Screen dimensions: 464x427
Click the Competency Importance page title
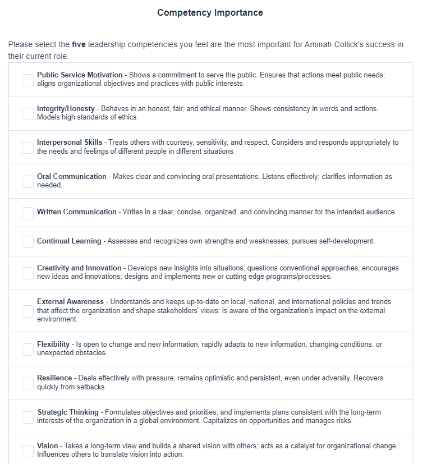(x=210, y=12)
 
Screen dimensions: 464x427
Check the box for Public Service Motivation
(x=27, y=80)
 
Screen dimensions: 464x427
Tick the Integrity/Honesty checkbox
(x=27, y=113)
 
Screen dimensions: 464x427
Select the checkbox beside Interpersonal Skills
(x=27, y=147)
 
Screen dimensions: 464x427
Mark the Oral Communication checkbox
(x=27, y=181)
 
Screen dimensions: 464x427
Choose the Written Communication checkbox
(x=27, y=213)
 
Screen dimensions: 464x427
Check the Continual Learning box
(x=27, y=241)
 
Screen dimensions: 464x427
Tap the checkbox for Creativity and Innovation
(x=27, y=273)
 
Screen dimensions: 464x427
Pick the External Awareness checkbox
(x=27, y=311)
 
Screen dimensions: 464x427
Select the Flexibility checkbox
(x=27, y=349)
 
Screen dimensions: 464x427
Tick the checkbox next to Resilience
(x=27, y=383)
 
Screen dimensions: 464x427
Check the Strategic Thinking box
(x=27, y=417)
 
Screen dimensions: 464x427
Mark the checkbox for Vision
(x=27, y=451)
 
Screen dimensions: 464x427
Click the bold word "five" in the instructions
(x=79, y=44)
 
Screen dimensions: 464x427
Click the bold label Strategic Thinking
(x=68, y=412)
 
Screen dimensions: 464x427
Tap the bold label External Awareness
(x=70, y=302)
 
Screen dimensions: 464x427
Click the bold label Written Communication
(x=77, y=212)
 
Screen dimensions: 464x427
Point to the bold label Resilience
(x=54, y=378)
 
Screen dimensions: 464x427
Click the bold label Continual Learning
(x=69, y=241)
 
